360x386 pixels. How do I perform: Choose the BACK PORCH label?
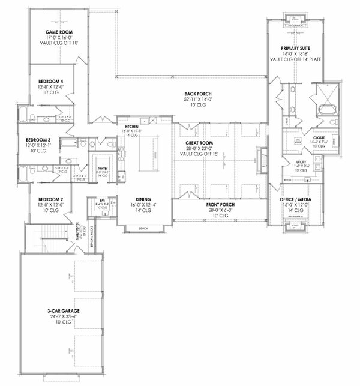(x=197, y=94)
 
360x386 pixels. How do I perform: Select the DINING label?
(x=143, y=199)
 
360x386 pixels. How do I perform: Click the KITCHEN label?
(x=132, y=127)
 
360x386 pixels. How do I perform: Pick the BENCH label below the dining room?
(x=143, y=229)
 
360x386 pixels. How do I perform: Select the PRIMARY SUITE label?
(x=295, y=47)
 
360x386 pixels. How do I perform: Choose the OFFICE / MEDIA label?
(x=295, y=199)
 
